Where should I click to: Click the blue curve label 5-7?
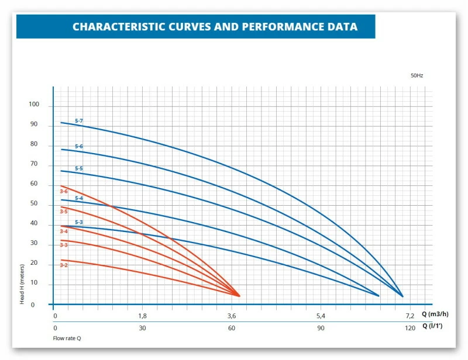click(x=79, y=121)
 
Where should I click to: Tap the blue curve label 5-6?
click(x=79, y=146)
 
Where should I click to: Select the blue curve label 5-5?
click(x=79, y=169)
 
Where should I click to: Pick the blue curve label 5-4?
click(x=79, y=199)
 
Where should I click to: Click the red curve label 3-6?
click(x=64, y=191)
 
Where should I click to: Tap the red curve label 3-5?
click(x=64, y=212)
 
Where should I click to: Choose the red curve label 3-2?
click(x=64, y=265)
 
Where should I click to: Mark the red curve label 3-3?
click(x=64, y=245)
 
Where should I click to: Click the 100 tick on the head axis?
click(x=33, y=105)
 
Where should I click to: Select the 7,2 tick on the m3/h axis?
click(x=409, y=316)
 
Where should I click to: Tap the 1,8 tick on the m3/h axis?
click(x=142, y=316)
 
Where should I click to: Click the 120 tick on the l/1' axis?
click(x=409, y=328)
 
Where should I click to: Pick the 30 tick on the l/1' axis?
click(x=142, y=328)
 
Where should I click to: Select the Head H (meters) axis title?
click(x=22, y=283)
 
